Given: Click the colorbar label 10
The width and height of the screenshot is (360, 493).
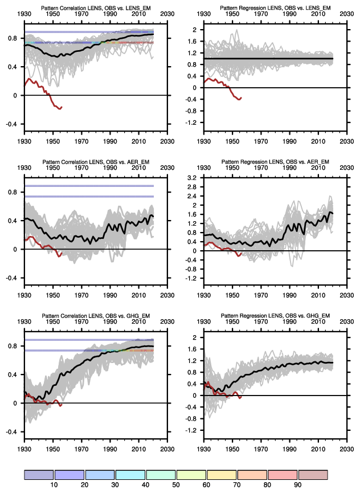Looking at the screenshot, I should click(x=54, y=484).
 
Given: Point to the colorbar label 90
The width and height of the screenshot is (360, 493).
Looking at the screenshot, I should click(x=297, y=484).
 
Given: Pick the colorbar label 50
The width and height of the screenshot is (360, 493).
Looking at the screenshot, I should click(x=175, y=484).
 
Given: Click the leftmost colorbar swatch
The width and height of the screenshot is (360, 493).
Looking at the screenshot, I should click(x=39, y=475).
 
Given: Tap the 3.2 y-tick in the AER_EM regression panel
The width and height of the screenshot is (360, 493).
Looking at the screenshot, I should click(x=192, y=178).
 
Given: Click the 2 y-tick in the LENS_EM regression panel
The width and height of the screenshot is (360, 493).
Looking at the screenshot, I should click(x=195, y=30).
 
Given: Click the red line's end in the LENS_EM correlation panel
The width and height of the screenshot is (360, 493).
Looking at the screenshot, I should click(x=61, y=107).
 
